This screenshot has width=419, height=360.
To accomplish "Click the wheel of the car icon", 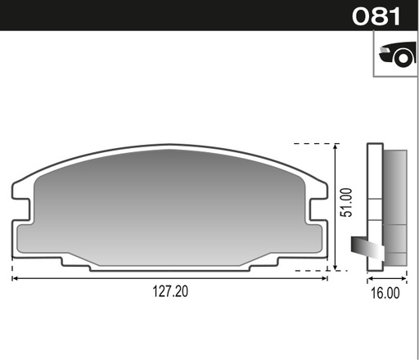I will click(x=400, y=58).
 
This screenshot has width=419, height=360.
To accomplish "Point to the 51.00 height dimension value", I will click(x=346, y=202).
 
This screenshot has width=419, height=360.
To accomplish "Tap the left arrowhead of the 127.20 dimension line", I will click(x=15, y=278).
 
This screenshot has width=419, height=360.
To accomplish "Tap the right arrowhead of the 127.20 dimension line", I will click(x=325, y=278).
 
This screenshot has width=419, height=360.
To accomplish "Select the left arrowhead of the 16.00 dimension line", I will click(x=368, y=278).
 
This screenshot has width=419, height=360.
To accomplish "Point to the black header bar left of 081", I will click(x=164, y=16).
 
